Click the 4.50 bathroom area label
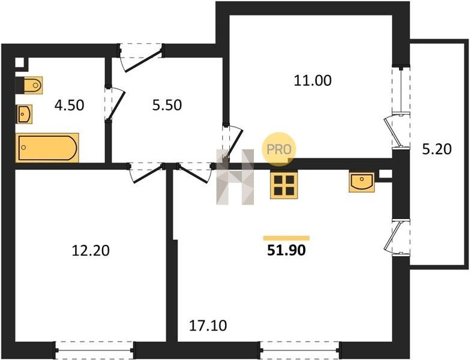69,106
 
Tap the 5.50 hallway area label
167,106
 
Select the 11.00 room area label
313,81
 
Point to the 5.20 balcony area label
437,149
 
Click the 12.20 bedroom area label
91,251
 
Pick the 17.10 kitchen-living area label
208,326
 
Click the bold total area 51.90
286,250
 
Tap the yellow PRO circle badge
279,149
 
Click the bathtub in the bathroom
47,148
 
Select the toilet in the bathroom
32,85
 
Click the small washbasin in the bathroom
24,114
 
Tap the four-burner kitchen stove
284,185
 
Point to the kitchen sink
362,182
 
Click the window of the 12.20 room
95,350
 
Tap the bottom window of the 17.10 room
300,350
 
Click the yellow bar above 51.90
286,238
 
